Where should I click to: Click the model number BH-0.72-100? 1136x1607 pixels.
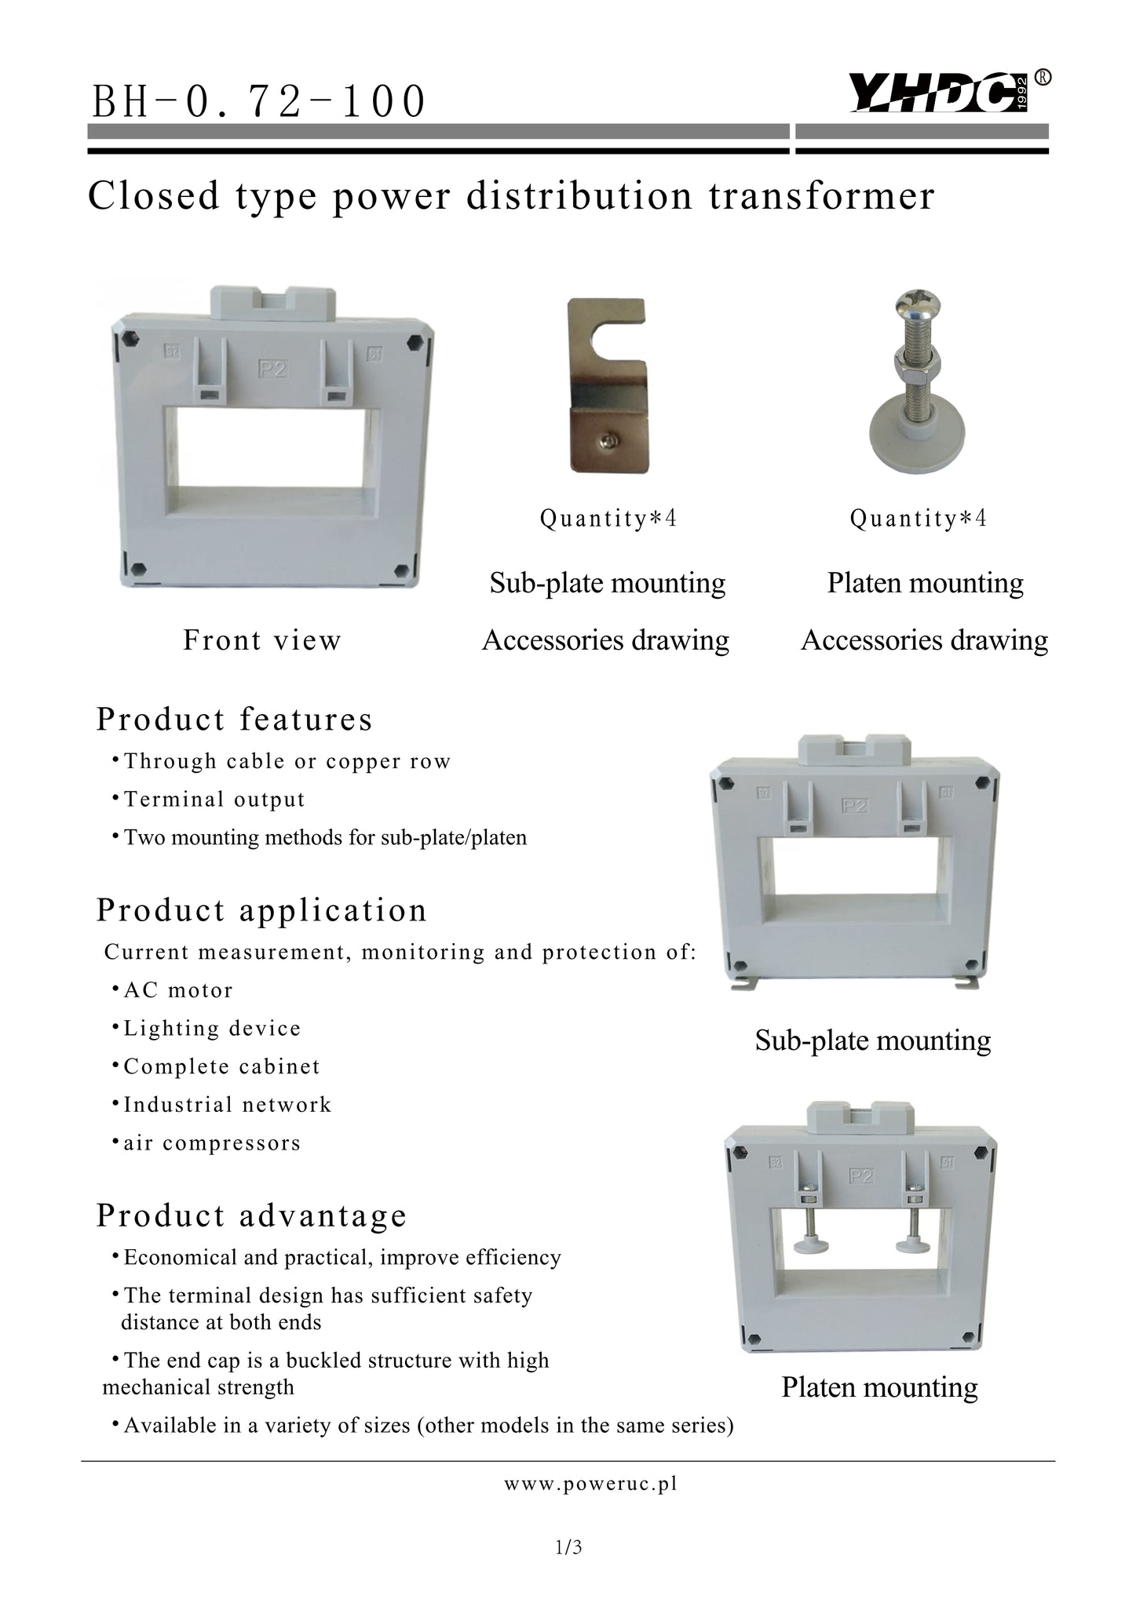pyautogui.click(x=259, y=102)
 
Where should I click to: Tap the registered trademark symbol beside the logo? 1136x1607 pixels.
pyautogui.click(x=1043, y=77)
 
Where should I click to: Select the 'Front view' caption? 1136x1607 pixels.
pyautogui.click(x=262, y=640)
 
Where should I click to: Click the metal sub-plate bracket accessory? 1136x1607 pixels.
pyautogui.click(x=607, y=385)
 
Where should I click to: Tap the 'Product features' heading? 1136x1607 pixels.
pyautogui.click(x=234, y=719)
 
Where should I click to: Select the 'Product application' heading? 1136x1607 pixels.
pyautogui.click(x=261, y=910)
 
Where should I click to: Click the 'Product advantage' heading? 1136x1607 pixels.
pyautogui.click(x=251, y=1215)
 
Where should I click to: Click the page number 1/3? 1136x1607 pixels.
pyautogui.click(x=568, y=1547)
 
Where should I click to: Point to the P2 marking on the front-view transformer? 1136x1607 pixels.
pyautogui.click(x=272, y=370)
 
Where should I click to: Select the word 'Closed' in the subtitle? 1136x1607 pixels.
pyautogui.click(x=153, y=195)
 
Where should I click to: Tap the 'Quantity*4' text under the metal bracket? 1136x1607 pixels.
pyautogui.click(x=608, y=519)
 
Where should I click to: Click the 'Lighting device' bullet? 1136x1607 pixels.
pyautogui.click(x=212, y=1029)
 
